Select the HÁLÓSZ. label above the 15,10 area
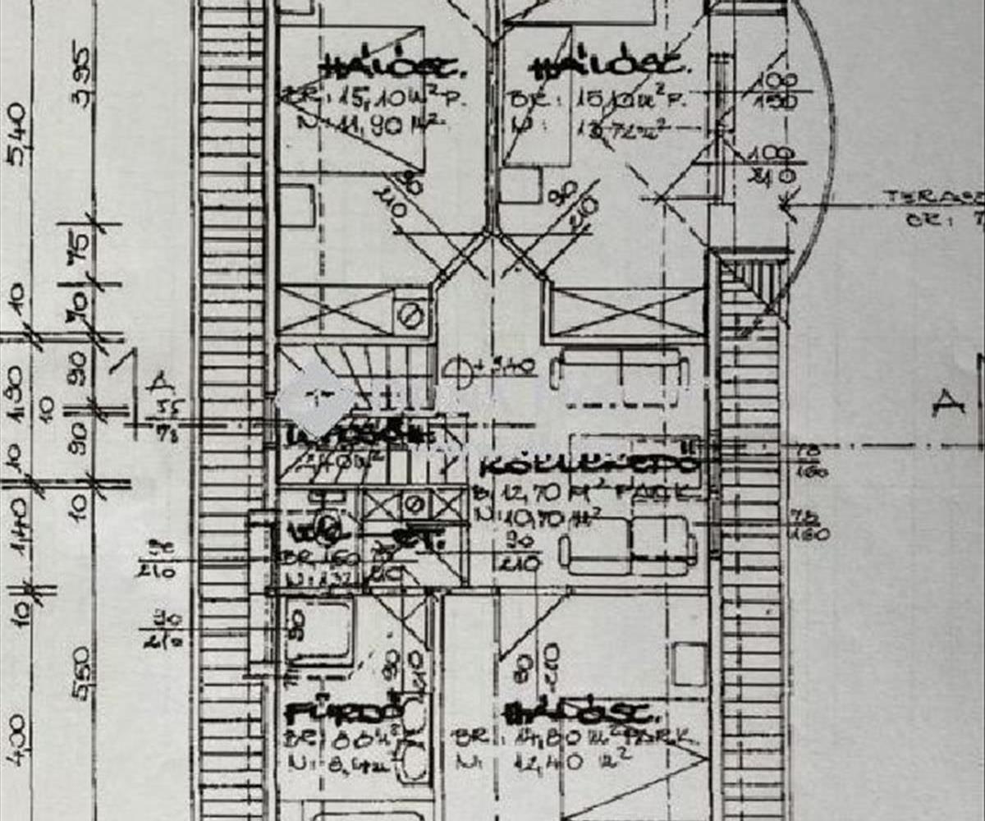point(396,67)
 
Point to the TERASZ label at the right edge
point(932,197)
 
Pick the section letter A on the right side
point(948,402)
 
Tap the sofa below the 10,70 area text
point(629,545)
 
